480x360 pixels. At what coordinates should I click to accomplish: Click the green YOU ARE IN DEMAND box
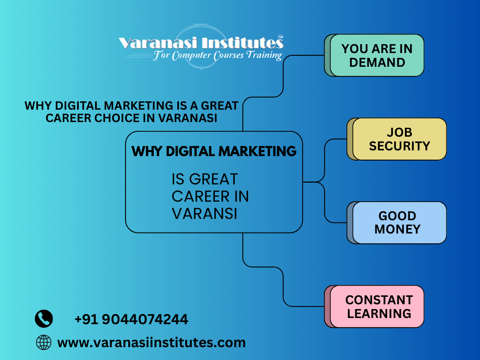point(377,55)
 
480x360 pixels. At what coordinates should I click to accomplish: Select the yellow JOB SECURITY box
point(399,139)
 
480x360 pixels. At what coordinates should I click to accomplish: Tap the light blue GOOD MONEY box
point(399,222)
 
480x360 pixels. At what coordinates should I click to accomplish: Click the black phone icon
point(44,318)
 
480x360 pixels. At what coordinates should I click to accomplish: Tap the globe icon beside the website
point(44,342)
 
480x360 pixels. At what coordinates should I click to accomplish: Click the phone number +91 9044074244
point(131,319)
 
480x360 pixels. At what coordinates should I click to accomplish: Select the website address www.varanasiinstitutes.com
point(151,342)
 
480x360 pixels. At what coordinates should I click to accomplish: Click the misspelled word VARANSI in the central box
point(204,214)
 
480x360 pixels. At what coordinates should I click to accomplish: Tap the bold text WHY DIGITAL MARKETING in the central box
point(214,151)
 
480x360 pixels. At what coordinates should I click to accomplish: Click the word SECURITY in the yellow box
point(400,146)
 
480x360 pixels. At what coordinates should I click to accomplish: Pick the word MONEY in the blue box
point(397,229)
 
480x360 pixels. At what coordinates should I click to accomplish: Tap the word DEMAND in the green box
point(377,62)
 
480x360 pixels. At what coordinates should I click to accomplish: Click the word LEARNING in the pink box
point(379,314)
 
